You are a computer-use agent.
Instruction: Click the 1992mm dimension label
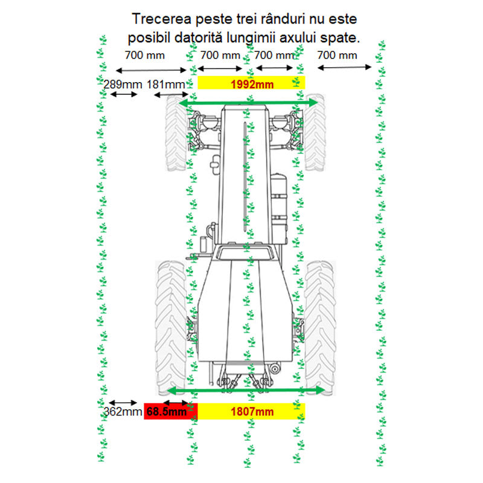coord(252,85)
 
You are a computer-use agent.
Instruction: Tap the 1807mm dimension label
coord(252,412)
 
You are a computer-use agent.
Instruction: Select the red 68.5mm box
coord(171,411)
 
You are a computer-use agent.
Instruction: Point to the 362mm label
coord(123,412)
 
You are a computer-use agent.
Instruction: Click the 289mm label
coord(123,85)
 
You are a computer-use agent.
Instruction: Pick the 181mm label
coord(165,85)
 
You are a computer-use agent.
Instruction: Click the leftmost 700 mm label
coord(145,55)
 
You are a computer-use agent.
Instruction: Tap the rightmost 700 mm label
coord(337,55)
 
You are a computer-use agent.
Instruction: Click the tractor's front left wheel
coord(176,132)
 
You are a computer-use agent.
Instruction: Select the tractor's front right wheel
coord(315,132)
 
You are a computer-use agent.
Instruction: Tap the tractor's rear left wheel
coord(171,328)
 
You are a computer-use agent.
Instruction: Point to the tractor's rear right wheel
coord(320,328)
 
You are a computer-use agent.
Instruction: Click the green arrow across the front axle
coord(248,103)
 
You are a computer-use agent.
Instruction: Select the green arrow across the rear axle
coord(246,391)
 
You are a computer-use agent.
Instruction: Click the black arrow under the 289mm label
coord(124,94)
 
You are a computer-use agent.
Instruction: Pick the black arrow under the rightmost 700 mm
coord(344,67)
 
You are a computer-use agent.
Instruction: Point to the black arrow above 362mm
coord(123,403)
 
